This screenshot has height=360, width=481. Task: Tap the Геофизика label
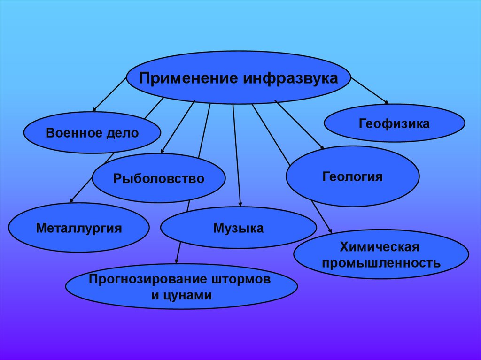point(394,124)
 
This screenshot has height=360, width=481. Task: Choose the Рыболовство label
point(158,178)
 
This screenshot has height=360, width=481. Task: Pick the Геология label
point(352,177)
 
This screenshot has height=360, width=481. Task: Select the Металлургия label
point(79,229)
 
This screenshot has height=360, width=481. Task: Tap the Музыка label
point(238,229)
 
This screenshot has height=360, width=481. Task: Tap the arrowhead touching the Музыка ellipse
point(240,204)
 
